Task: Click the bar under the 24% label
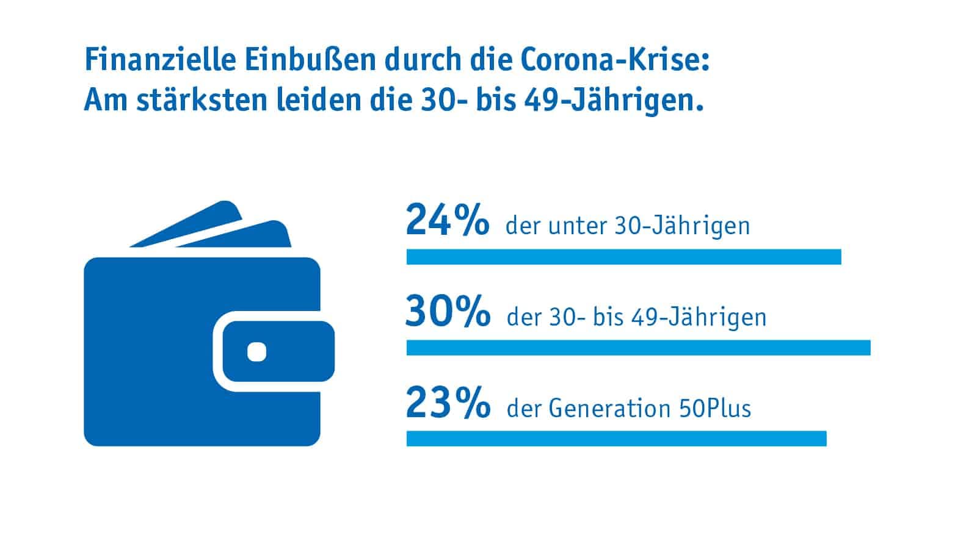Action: [x=623, y=257]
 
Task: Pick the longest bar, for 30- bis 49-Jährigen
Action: [x=638, y=348]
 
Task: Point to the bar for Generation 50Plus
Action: [x=616, y=439]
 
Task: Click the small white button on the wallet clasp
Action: [x=257, y=352]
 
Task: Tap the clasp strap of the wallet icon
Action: [x=278, y=351]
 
